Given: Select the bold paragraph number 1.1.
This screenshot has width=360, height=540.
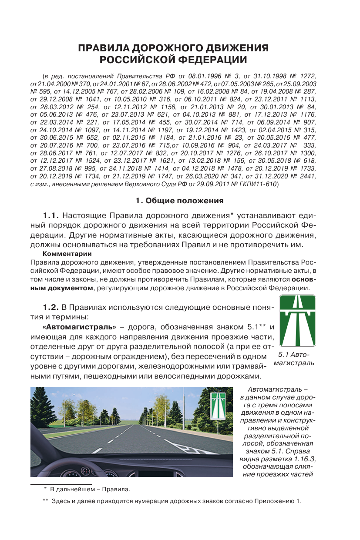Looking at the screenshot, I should [51, 215].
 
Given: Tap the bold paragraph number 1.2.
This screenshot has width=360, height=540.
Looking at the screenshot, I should [51, 308].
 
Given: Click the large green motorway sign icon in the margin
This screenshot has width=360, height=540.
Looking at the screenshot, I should [297, 320].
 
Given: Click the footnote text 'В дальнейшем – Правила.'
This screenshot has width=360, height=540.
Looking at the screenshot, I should [90, 490].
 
